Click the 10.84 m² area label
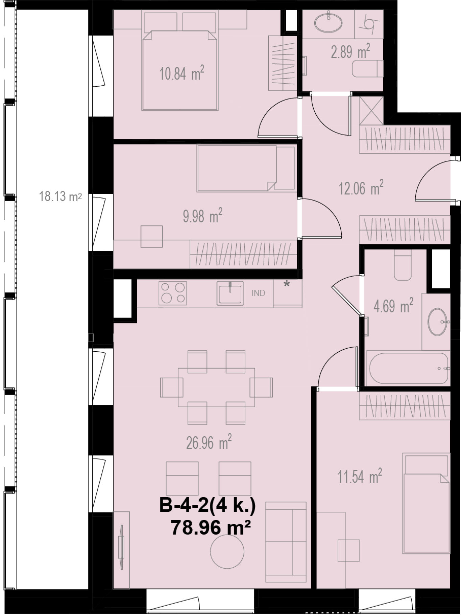click(182, 73)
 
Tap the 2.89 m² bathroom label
click(350, 51)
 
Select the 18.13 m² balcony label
click(60, 197)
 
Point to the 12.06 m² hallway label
click(361, 188)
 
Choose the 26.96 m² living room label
click(209, 442)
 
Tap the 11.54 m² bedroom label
click(360, 476)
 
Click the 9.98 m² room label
click(202, 216)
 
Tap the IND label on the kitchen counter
click(258, 293)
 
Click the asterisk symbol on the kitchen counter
click(287, 285)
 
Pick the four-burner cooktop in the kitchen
click(172, 293)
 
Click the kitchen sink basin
click(230, 293)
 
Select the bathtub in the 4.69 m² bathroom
click(409, 368)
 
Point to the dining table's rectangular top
click(217, 387)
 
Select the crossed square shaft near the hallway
click(371, 110)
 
